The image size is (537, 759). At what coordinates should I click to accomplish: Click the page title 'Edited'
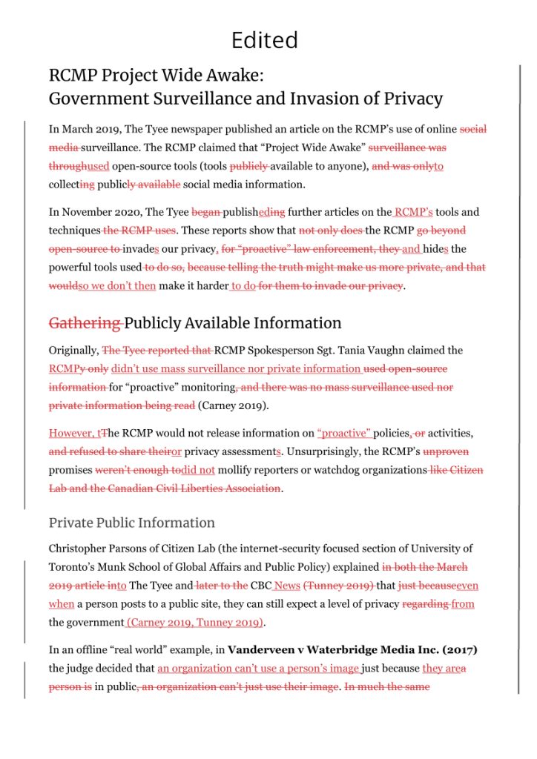pyautogui.click(x=265, y=39)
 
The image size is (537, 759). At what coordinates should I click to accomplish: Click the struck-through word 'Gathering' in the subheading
pyautogui.click(x=84, y=323)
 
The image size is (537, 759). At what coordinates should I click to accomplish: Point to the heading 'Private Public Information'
pyautogui.click(x=132, y=523)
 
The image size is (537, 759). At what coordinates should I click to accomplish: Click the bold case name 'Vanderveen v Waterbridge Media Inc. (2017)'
pyautogui.click(x=352, y=650)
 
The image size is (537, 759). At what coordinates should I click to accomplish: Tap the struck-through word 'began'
pyautogui.click(x=205, y=212)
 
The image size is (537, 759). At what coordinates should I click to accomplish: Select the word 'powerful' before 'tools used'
pyautogui.click(x=73, y=267)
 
